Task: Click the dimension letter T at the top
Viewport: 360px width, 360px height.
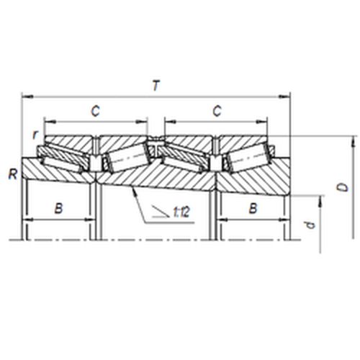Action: coord(156,86)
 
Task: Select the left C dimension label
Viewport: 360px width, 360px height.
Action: coord(95,111)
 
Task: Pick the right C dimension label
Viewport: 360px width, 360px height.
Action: coord(217,111)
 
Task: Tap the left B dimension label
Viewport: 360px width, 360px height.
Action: coord(59,208)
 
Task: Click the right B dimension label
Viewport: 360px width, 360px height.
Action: coord(253,208)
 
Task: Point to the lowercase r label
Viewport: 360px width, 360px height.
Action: coord(35,135)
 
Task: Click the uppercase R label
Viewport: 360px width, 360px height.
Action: coord(13,174)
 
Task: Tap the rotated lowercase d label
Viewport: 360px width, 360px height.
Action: coord(310,225)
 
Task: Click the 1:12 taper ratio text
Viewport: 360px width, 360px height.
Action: coord(181,212)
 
